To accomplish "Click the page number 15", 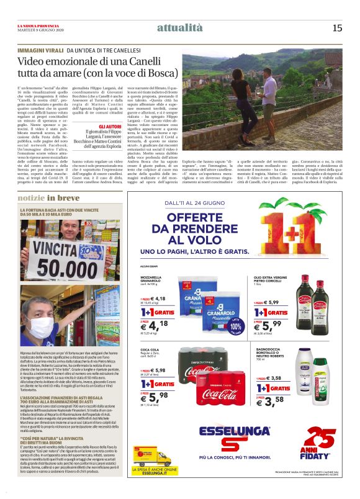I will [x=337, y=27].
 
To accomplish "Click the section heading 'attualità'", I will [x=180, y=27].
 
